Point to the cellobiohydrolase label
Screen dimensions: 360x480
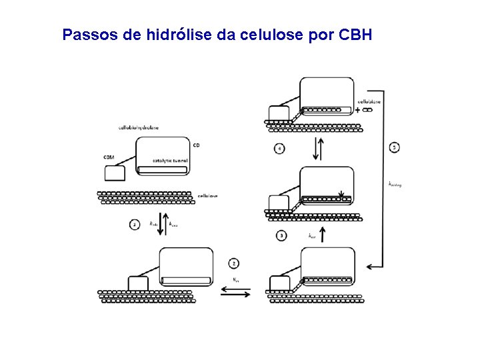(138, 127)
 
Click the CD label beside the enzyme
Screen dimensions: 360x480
(196, 145)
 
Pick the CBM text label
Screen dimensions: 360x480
(109, 157)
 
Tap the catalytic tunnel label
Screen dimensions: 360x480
(171, 161)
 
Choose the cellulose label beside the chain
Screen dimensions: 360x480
(207, 196)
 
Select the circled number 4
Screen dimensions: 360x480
(279, 148)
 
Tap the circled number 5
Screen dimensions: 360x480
(395, 147)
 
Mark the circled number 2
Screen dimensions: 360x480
(233, 263)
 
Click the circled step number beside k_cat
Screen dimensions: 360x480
(282, 235)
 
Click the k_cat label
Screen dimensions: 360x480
(311, 235)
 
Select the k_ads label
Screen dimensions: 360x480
(154, 224)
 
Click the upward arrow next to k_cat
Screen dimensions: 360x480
(323, 235)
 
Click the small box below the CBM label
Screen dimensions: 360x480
(115, 173)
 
